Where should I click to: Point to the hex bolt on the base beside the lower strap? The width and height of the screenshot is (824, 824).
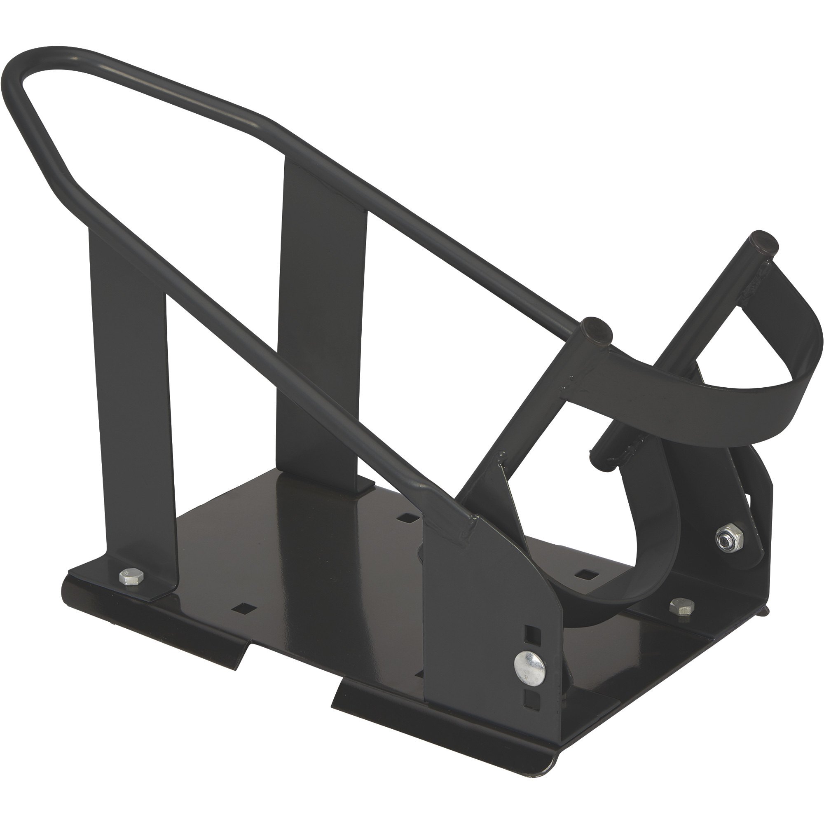(x=681, y=606)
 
